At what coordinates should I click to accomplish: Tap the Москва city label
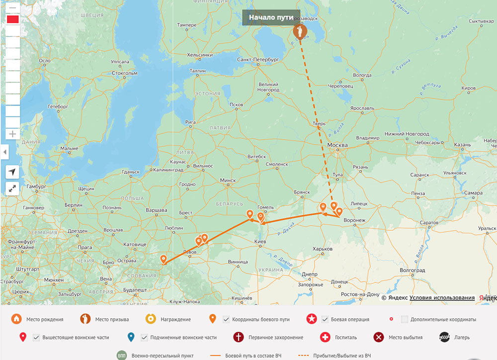pyautogui.click(x=338, y=145)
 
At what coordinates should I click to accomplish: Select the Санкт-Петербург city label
pyautogui.click(x=258, y=59)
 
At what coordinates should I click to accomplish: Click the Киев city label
pyautogui.click(x=260, y=242)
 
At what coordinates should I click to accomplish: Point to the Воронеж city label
pyautogui.click(x=354, y=220)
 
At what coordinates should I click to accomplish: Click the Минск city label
pyautogui.click(x=228, y=180)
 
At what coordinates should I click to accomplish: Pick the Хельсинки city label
pyautogui.click(x=200, y=55)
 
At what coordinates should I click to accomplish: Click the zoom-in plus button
pyautogui.click(x=12, y=134)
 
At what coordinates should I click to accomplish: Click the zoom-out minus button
pyautogui.click(x=12, y=8)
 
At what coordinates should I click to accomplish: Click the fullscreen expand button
pyautogui.click(x=12, y=188)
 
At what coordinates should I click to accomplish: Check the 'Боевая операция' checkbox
pyautogui.click(x=326, y=319)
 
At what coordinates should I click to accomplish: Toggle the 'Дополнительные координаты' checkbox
pyautogui.click(x=405, y=319)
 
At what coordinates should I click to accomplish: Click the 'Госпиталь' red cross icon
pyautogui.click(x=326, y=338)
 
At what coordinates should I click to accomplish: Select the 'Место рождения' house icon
pyautogui.click(x=16, y=319)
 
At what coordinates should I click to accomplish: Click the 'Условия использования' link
pyautogui.click(x=442, y=297)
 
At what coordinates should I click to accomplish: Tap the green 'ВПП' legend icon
pyautogui.click(x=122, y=356)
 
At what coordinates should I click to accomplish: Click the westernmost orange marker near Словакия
pyautogui.click(x=164, y=259)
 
